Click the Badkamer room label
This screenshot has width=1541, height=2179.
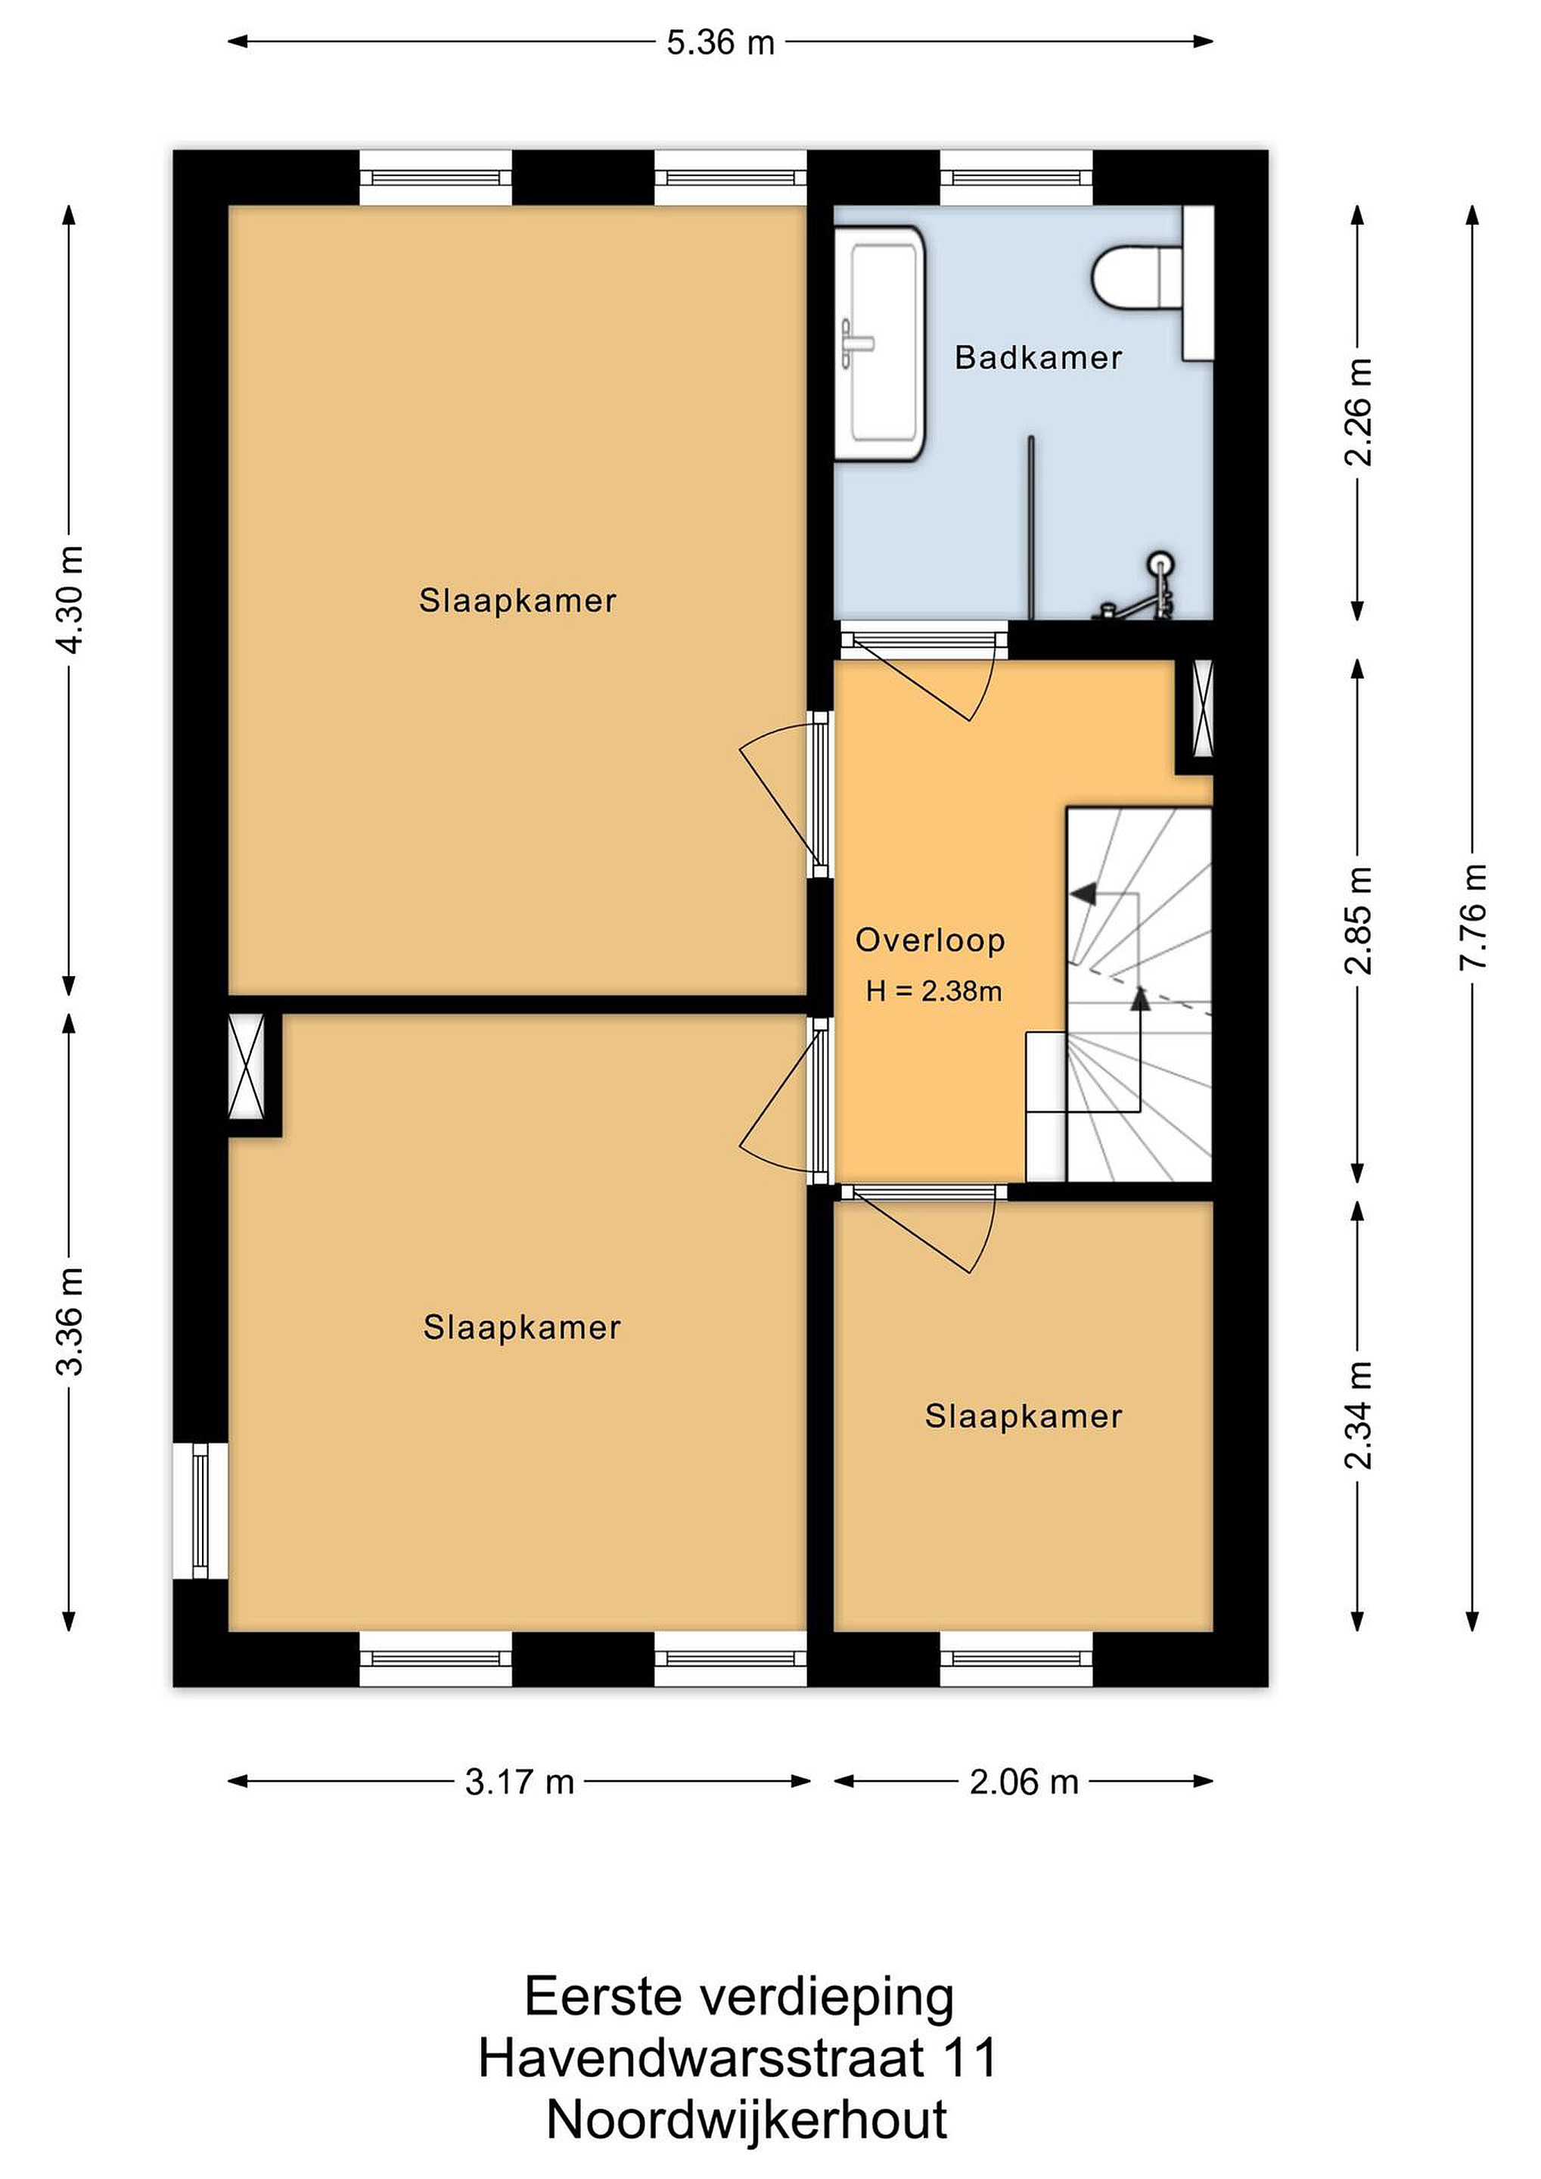coord(1038,358)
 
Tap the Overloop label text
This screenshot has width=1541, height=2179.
coord(930,940)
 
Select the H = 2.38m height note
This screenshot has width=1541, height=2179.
coord(934,992)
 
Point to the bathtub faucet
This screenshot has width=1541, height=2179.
coord(857,343)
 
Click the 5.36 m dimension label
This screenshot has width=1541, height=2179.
coord(720,42)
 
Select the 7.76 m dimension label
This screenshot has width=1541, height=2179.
coord(1473,917)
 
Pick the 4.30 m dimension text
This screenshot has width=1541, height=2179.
coord(70,600)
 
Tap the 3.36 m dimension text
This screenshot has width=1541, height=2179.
coord(70,1321)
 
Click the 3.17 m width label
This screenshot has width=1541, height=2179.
coord(520,1783)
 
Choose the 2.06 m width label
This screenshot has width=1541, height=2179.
coord(1024,1783)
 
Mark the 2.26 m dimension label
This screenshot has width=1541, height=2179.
coord(1358,412)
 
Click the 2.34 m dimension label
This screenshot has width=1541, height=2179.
coord(1358,1415)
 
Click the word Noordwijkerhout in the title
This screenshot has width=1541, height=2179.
coord(747,2120)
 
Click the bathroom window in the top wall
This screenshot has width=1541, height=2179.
coord(1016,178)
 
